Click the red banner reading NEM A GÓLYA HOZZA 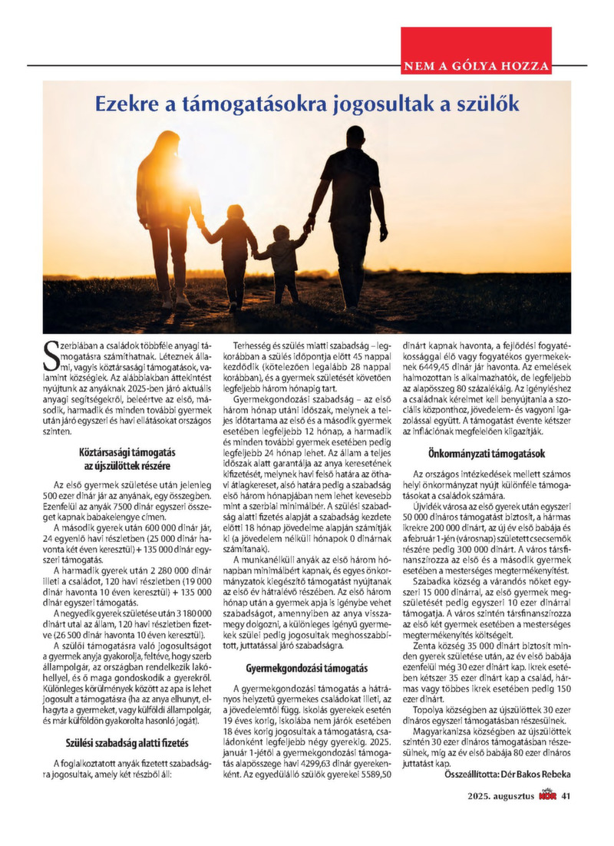(476, 66)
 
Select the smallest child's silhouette (283, 261)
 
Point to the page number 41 (566, 796)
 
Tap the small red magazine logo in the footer (547, 796)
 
